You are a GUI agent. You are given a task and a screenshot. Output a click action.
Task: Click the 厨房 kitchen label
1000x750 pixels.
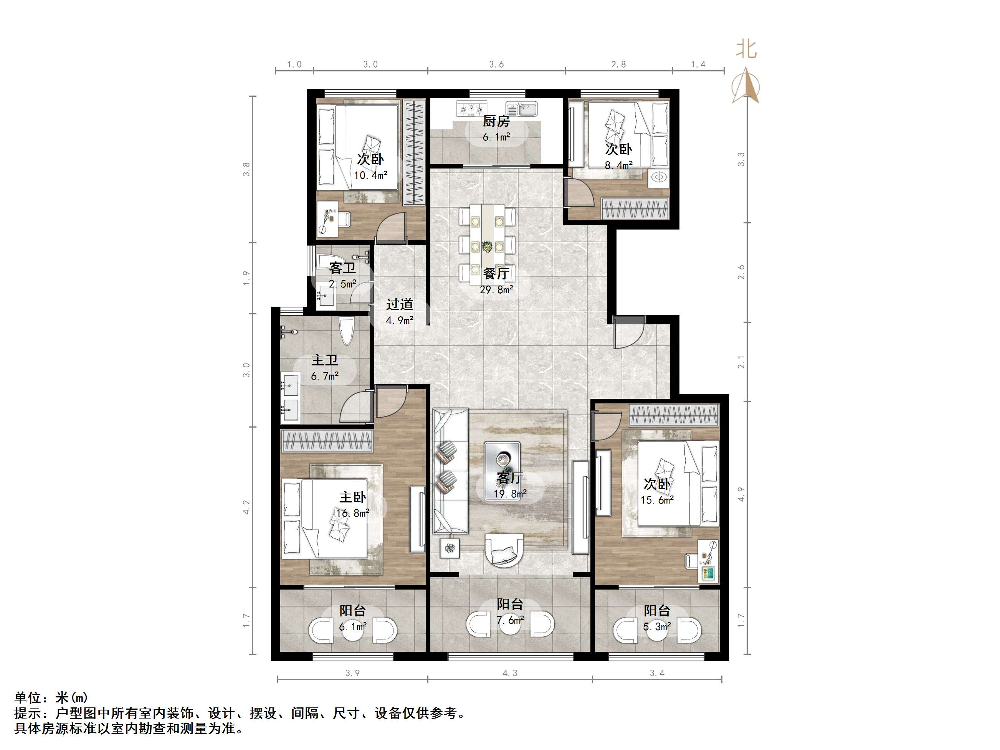tap(496, 121)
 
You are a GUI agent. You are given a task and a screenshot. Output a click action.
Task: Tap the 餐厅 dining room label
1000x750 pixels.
tap(496, 274)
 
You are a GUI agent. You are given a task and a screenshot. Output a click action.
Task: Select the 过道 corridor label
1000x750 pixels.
tap(400, 304)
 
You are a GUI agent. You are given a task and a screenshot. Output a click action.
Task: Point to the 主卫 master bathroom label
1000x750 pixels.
tap(325, 360)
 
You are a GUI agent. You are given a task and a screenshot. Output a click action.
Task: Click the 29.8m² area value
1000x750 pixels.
tap(496, 290)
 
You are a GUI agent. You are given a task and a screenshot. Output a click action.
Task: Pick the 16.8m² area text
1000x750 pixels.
tap(353, 513)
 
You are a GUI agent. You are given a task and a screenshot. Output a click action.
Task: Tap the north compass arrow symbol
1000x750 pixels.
tap(746, 86)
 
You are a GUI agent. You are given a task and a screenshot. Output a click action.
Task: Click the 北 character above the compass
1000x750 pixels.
tap(746, 49)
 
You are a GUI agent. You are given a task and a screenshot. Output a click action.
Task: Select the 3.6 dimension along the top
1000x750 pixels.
tap(496, 64)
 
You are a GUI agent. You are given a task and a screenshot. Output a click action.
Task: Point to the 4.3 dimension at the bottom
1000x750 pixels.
tap(509, 673)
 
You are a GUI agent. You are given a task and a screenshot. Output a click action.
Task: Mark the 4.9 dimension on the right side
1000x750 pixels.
tap(740, 494)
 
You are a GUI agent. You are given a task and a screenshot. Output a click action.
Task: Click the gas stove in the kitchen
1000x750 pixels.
tap(471, 108)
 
